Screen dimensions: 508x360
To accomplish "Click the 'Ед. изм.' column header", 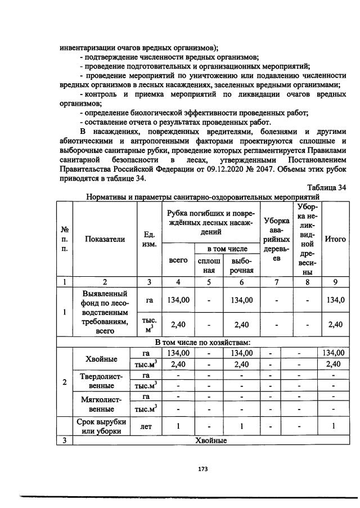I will tap(150, 239).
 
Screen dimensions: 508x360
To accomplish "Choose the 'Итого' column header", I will tap(335, 239).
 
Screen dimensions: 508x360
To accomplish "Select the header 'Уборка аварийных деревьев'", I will tap(276, 239).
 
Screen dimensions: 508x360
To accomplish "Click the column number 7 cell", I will tap(276, 282).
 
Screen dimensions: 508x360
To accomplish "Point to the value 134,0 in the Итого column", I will tap(335, 300).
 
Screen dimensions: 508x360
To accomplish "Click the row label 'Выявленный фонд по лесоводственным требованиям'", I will tap(105, 312).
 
